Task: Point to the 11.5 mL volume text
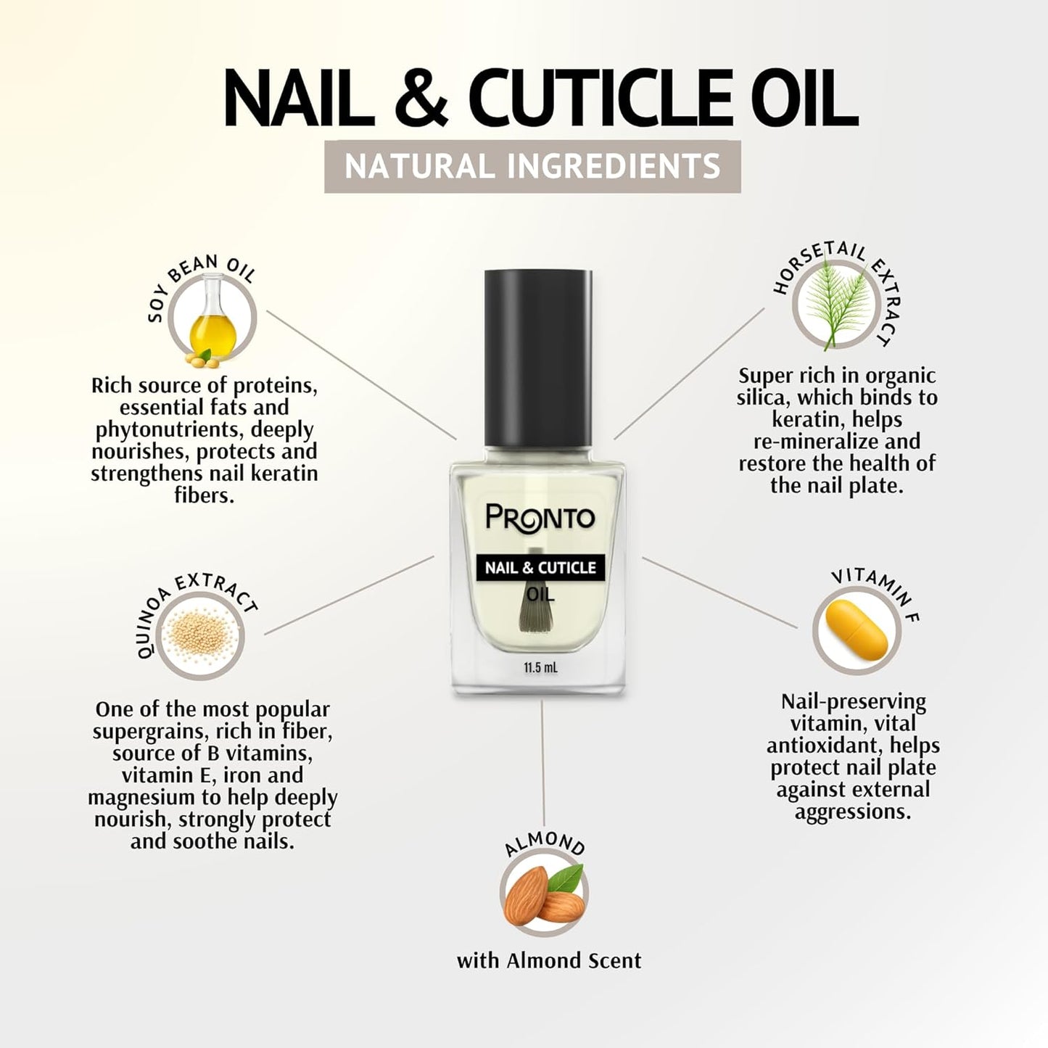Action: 540,668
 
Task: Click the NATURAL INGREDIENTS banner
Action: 532,166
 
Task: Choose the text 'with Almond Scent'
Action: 549,961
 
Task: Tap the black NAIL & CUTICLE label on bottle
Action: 540,567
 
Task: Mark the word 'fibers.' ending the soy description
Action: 205,496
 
